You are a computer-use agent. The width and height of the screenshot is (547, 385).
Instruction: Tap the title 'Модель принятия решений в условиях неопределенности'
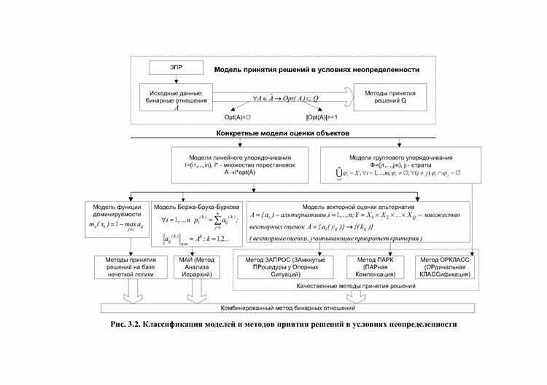coord(317,70)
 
